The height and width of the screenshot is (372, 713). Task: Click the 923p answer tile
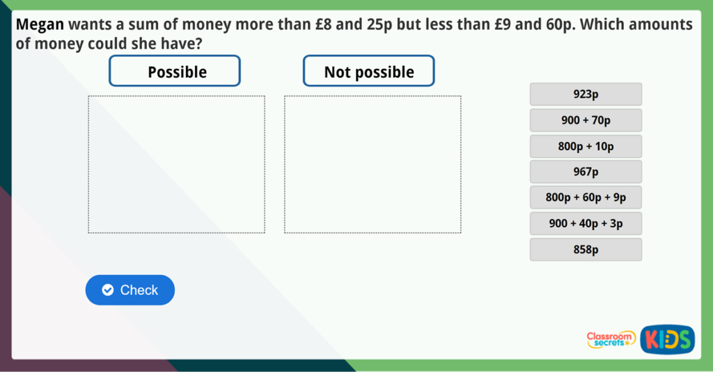pyautogui.click(x=586, y=94)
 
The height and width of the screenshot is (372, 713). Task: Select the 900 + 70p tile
pyautogui.click(x=586, y=120)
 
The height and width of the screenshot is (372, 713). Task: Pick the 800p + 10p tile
pyautogui.click(x=586, y=146)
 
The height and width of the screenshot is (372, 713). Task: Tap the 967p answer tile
pyautogui.click(x=586, y=172)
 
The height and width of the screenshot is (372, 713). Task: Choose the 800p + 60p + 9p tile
pyautogui.click(x=586, y=197)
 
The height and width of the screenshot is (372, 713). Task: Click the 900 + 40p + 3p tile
pyautogui.click(x=586, y=223)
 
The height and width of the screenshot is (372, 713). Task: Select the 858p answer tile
pyautogui.click(x=586, y=250)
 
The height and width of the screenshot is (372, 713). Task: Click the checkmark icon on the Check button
pyautogui.click(x=107, y=290)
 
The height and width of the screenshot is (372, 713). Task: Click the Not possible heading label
pyautogui.click(x=369, y=72)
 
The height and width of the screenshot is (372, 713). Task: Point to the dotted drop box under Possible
pyautogui.click(x=176, y=164)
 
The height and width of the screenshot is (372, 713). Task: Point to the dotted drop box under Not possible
pyautogui.click(x=373, y=164)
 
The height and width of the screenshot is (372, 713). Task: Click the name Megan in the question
pyautogui.click(x=40, y=25)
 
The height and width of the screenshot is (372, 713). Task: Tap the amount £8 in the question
pyautogui.click(x=324, y=25)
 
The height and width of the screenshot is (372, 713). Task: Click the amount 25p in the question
pyautogui.click(x=379, y=25)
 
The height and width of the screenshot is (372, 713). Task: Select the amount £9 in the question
pyautogui.click(x=489, y=25)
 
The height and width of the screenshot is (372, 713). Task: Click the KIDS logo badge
pyautogui.click(x=667, y=339)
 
